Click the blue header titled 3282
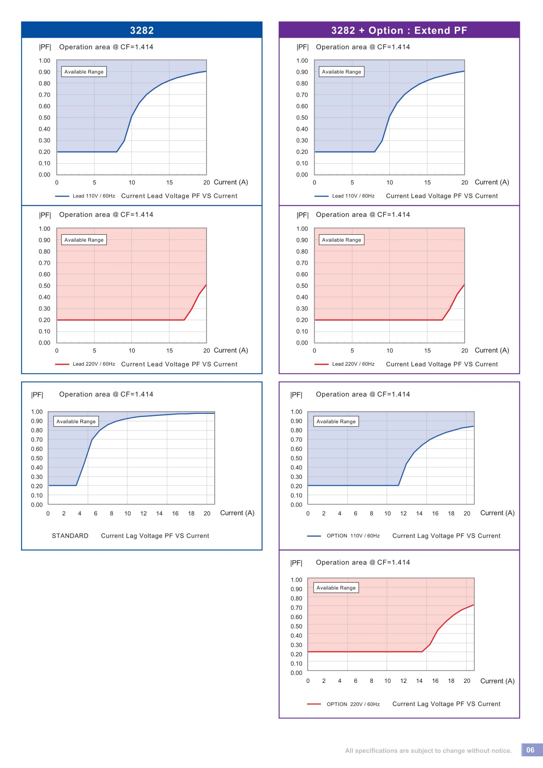(x=142, y=30)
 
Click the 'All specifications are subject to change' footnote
(x=428, y=751)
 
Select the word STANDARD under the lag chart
(x=70, y=535)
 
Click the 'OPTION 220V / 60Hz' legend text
(x=353, y=704)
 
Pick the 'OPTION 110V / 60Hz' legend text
(x=353, y=535)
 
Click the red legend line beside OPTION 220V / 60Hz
(x=314, y=704)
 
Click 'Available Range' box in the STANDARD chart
(x=76, y=421)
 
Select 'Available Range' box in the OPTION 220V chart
(x=336, y=588)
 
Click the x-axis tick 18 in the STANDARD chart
(x=191, y=513)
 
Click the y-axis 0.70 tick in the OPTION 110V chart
(x=296, y=440)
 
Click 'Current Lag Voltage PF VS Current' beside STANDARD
(x=155, y=535)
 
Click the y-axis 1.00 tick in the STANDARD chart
(x=37, y=412)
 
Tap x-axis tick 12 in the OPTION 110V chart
(x=404, y=513)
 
